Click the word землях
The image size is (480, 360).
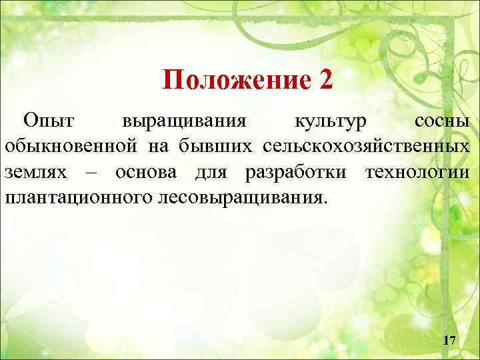coord(36,171)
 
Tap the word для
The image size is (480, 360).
coord(211,172)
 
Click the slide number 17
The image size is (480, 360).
coord(449,341)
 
